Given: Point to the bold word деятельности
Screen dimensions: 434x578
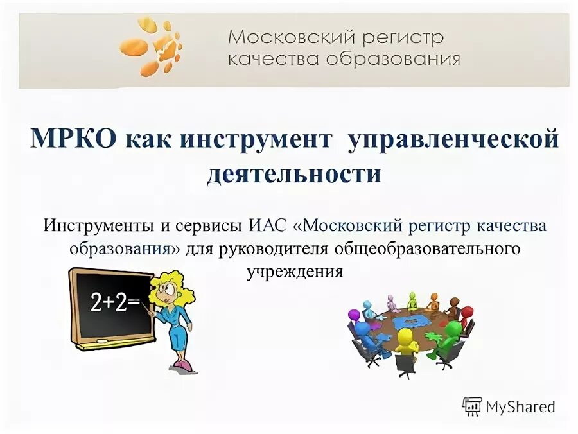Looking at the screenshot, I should pyautogui.click(x=293, y=173).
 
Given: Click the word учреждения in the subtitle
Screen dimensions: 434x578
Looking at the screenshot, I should pyautogui.click(x=295, y=271).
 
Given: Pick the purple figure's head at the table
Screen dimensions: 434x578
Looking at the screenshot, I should pyautogui.click(x=354, y=315).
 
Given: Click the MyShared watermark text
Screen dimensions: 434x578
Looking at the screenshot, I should pyautogui.click(x=520, y=406).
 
